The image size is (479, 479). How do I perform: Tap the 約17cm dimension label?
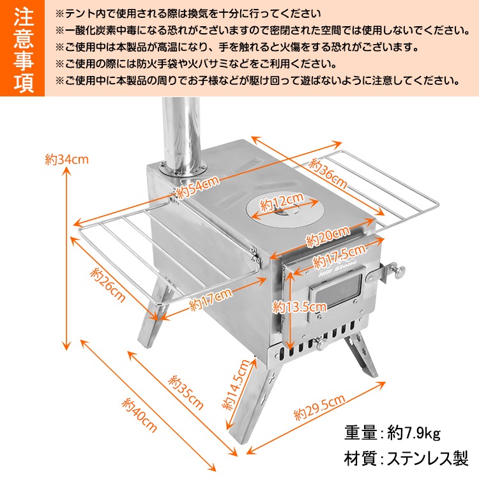coord(211,300)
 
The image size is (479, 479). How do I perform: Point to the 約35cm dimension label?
coord(186,392)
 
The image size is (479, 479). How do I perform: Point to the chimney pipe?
coord(180,134)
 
